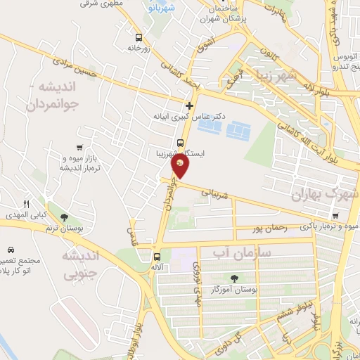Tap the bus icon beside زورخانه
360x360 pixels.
(x=139, y=37)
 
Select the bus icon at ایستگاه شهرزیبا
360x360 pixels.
(x=181, y=143)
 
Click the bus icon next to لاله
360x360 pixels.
(x=157, y=257)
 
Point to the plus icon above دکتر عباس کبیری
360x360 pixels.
(x=189, y=106)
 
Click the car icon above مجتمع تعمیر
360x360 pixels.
(x=11, y=250)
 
